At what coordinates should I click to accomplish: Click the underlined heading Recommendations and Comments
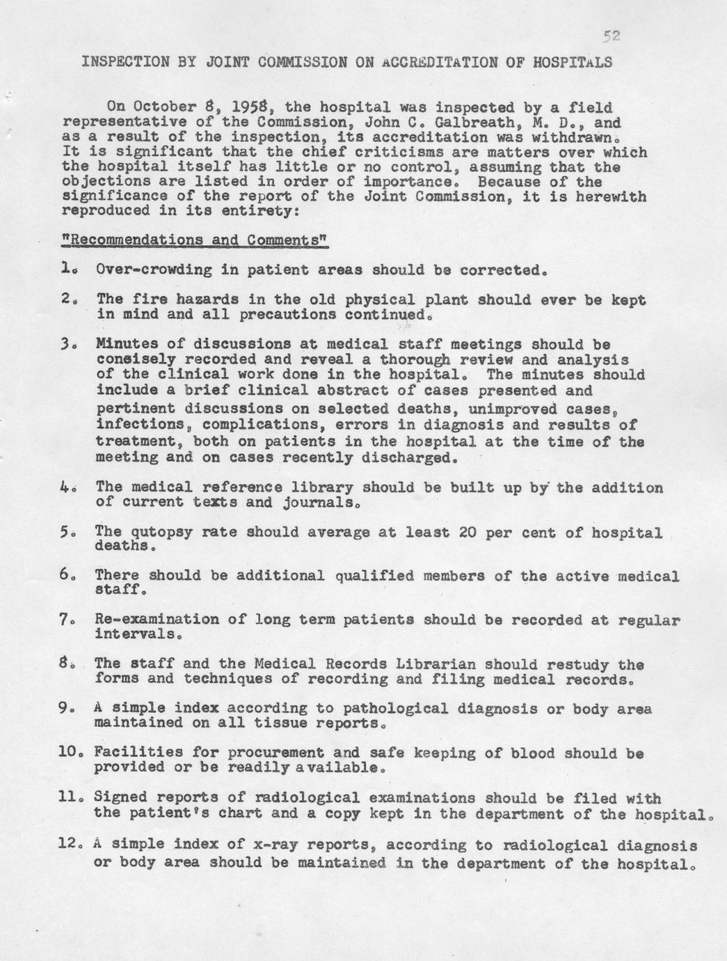(x=194, y=240)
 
